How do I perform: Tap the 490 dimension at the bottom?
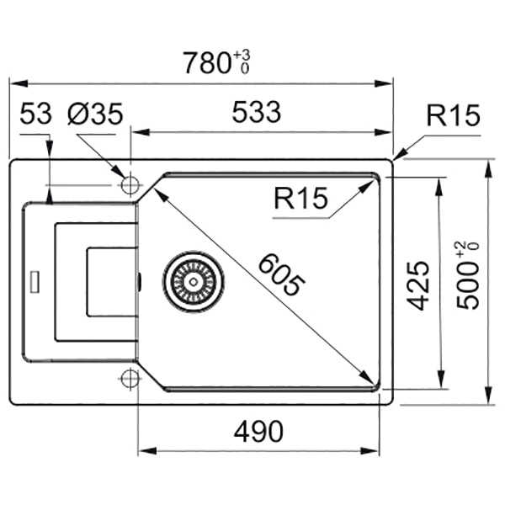click(x=258, y=431)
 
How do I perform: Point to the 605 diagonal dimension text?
click(x=278, y=274)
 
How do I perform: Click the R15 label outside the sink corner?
click(x=452, y=115)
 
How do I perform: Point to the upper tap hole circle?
click(x=130, y=184)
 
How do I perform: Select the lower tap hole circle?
click(x=130, y=378)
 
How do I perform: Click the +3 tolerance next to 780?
click(x=245, y=54)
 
